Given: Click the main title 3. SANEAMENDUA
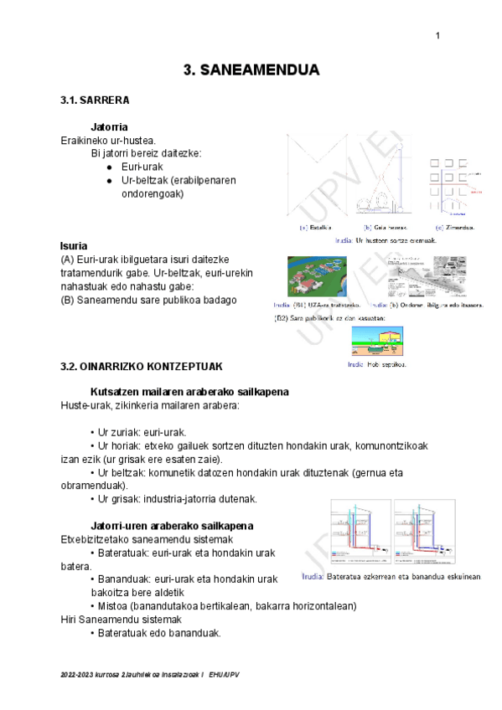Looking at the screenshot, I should [x=251, y=70].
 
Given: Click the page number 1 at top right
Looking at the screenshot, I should [x=437, y=34].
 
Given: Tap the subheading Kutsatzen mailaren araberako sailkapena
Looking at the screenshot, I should [x=189, y=392].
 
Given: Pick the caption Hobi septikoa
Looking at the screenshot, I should [x=380, y=364].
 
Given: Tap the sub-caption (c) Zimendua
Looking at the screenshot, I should [x=455, y=227].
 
